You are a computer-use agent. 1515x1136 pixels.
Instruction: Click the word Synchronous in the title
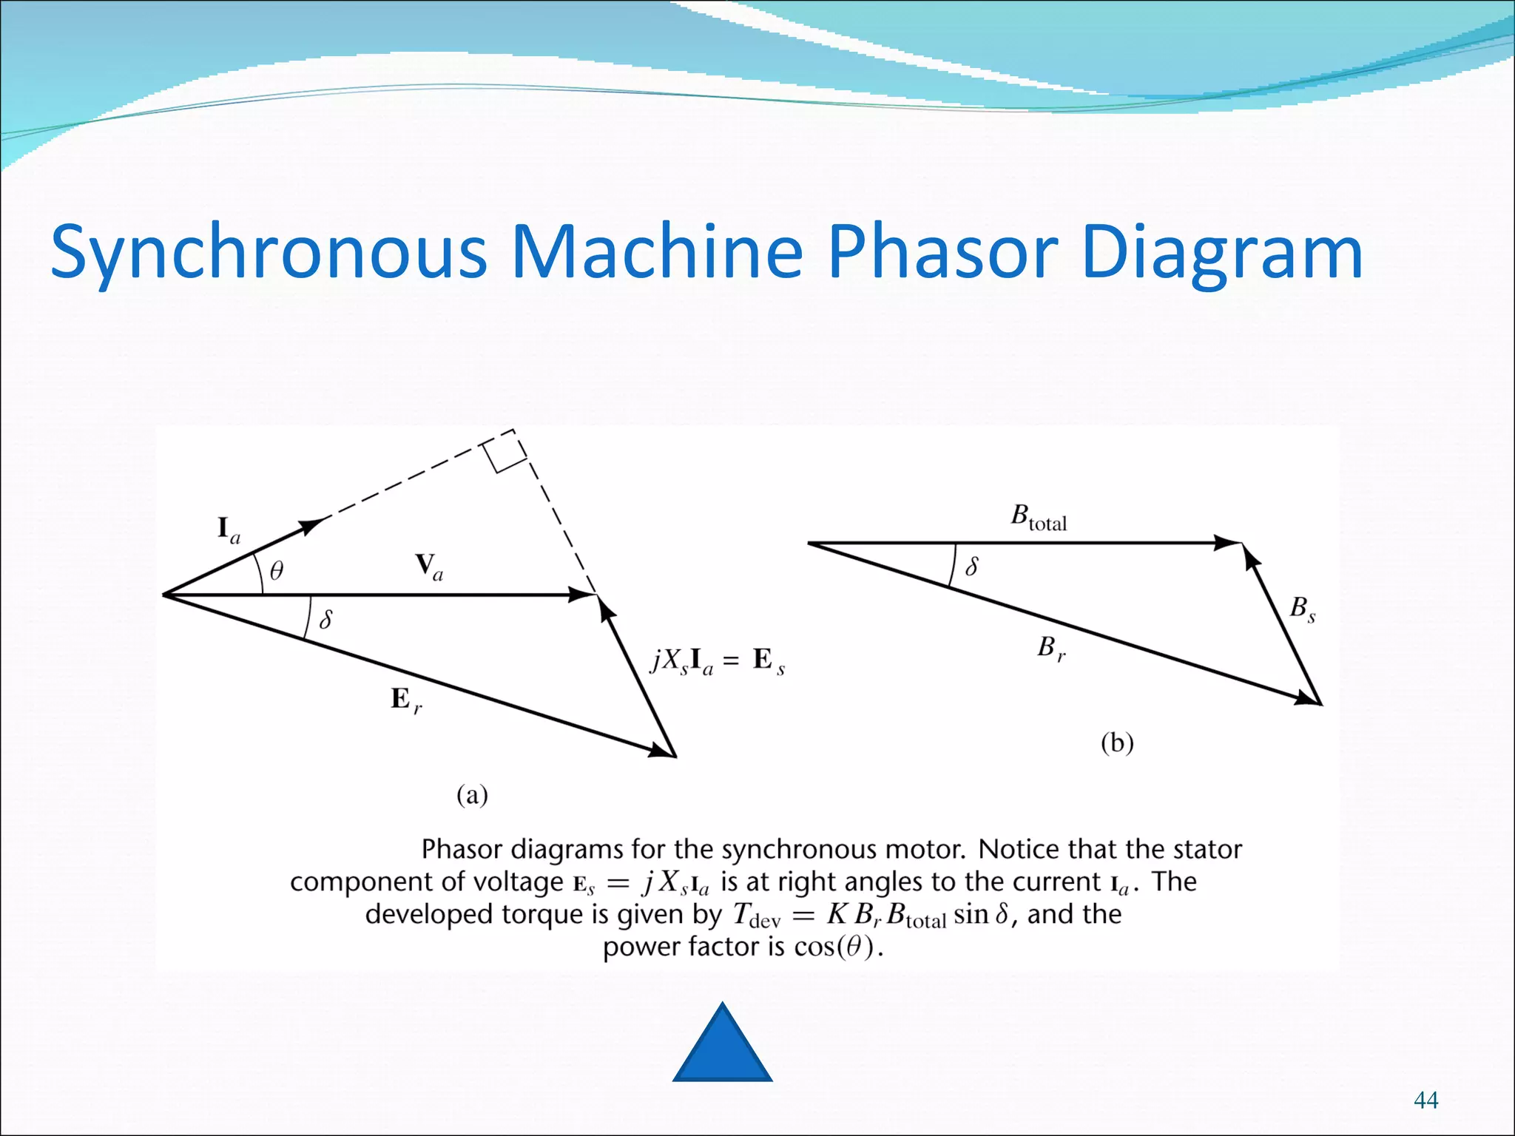tap(269, 253)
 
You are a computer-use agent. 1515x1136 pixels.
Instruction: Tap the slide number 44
tap(1425, 1100)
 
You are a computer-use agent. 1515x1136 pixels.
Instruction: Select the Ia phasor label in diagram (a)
tap(228, 530)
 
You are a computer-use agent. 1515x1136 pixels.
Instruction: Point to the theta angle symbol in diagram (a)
tap(276, 570)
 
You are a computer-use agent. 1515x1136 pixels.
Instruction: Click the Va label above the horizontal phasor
tap(429, 567)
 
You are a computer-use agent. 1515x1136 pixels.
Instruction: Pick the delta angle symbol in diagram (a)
tap(325, 618)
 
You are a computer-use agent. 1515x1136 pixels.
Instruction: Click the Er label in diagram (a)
tap(405, 700)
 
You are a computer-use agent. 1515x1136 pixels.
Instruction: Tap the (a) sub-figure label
tap(472, 795)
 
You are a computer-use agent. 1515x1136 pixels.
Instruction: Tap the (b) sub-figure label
tap(1117, 742)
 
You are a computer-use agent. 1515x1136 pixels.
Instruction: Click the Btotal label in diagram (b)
tap(1039, 517)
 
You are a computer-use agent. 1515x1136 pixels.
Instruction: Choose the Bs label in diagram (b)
tap(1302, 609)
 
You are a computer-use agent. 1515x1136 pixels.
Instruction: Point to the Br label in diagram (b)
tap(1050, 649)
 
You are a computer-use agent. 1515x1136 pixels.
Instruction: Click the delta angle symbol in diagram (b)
tap(972, 567)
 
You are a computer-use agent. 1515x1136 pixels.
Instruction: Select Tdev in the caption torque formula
tap(756, 916)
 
